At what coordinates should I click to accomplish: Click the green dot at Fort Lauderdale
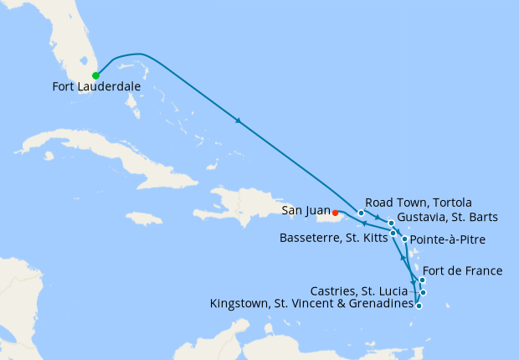point(95,75)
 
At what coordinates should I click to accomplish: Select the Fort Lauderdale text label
point(95,87)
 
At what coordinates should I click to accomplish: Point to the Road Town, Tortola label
point(419,203)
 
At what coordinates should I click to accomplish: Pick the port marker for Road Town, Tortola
point(361,213)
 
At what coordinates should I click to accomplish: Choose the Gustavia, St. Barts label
point(448,217)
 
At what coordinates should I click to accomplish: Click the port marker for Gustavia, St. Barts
point(391,224)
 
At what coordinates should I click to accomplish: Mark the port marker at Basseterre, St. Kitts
point(393,233)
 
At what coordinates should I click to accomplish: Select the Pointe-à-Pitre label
point(447,240)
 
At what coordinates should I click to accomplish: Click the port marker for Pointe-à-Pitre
point(405,239)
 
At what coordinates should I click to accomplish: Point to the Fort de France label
point(463,270)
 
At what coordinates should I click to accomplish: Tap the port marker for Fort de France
point(422,280)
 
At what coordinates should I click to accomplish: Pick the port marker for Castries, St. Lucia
point(424,292)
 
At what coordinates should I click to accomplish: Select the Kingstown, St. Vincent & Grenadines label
point(312,304)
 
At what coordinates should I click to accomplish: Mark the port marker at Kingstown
point(419,306)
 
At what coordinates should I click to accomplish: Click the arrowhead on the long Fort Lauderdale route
point(239,121)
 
